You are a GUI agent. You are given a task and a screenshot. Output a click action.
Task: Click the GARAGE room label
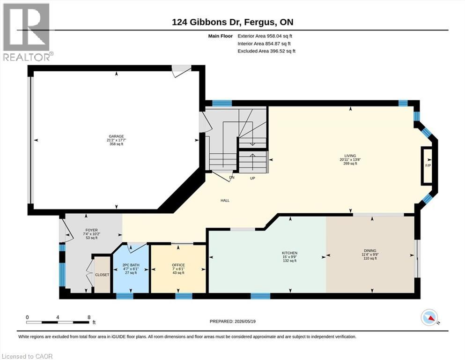click(x=116, y=136)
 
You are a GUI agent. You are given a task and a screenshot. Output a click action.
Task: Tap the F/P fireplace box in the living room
click(x=428, y=165)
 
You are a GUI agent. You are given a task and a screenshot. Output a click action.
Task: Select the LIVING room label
click(x=350, y=156)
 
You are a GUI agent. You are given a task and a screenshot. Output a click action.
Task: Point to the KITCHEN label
click(x=289, y=253)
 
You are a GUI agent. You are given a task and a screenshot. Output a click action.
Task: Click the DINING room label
click(x=370, y=251)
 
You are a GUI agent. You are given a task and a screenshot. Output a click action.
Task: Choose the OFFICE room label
click(x=178, y=265)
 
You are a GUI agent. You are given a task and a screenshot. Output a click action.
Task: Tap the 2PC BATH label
click(x=131, y=265)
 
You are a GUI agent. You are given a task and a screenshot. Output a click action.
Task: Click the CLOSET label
click(x=102, y=275)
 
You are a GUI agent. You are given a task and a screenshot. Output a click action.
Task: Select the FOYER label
click(x=91, y=230)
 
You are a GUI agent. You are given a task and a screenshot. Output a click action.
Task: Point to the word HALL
click(x=225, y=201)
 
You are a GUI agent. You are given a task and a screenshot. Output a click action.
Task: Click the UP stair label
click(x=252, y=179)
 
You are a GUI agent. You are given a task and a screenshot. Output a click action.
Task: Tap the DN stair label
click(x=232, y=178)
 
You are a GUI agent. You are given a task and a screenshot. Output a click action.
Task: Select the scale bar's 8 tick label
click(x=89, y=317)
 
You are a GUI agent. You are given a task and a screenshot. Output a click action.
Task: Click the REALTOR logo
click(x=27, y=32)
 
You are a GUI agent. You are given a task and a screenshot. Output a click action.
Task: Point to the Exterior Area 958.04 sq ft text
click(x=265, y=36)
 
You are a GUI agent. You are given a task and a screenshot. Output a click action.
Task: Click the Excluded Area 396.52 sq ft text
click(x=266, y=51)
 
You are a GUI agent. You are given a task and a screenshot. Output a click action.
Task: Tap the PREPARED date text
click(x=232, y=321)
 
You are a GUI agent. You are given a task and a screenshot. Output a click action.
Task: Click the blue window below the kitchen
click(x=260, y=296)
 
